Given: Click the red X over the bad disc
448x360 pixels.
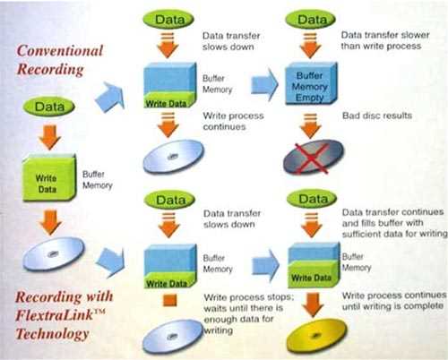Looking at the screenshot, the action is [x=311, y=159].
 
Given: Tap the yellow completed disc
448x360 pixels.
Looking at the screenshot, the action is [x=316, y=335].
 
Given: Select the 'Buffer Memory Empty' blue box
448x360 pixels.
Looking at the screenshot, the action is [x=311, y=84].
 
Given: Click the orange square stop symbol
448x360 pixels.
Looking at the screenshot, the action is [x=169, y=300].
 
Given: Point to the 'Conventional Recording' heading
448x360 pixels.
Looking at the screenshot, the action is [x=60, y=60].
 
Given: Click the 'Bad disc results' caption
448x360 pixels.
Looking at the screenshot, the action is [x=377, y=116].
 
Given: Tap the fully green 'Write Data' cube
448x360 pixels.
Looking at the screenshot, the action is [x=49, y=177].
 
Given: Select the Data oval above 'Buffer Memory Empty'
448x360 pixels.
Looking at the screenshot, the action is [x=311, y=20].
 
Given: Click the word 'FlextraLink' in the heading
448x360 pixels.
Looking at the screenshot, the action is [x=55, y=315].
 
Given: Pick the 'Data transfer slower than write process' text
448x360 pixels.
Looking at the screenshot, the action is [x=385, y=40].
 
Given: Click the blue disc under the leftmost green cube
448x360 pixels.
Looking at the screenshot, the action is [x=54, y=253].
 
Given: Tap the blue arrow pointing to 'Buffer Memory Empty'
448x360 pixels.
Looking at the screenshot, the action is [x=264, y=85].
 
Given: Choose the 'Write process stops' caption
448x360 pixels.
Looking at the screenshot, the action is [x=248, y=297].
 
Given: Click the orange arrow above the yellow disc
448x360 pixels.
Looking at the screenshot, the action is [x=313, y=304].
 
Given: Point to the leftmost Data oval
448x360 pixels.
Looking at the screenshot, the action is [x=49, y=107].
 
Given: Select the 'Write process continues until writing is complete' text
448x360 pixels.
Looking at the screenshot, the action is [x=393, y=301].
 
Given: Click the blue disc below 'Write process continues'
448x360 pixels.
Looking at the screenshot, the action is [x=173, y=157].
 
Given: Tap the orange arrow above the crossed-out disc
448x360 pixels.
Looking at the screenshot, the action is [x=311, y=126].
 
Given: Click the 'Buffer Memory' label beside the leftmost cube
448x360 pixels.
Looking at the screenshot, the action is [x=98, y=180].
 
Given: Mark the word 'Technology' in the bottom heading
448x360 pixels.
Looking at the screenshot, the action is [x=53, y=334].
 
